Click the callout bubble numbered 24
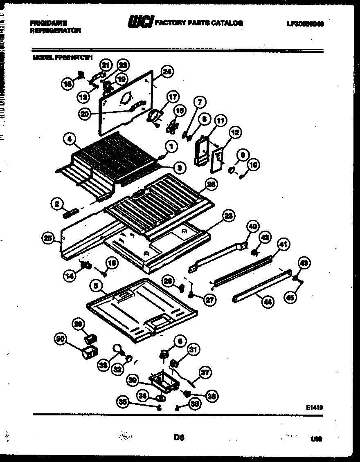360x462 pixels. [x=166, y=72]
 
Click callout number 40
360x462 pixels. [x=253, y=226]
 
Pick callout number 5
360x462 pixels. [x=96, y=287]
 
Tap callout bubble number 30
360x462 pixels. [x=61, y=339]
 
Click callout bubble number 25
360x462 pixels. [x=48, y=238]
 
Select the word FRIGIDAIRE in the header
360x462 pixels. [x=48, y=23]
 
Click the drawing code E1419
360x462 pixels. [x=314, y=407]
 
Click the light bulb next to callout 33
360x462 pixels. [x=117, y=348]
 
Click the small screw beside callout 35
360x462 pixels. [x=160, y=407]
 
